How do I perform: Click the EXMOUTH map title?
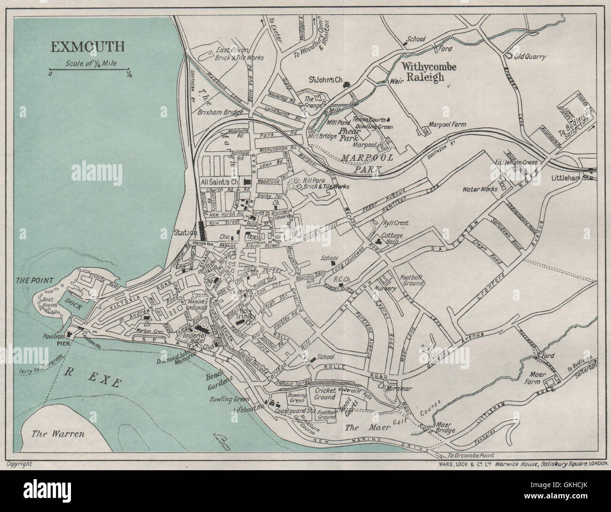(x=88, y=46)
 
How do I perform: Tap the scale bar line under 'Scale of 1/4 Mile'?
(x=89, y=71)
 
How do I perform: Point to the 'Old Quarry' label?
(x=530, y=57)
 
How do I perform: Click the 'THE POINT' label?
(x=34, y=280)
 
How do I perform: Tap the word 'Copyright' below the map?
(x=19, y=464)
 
